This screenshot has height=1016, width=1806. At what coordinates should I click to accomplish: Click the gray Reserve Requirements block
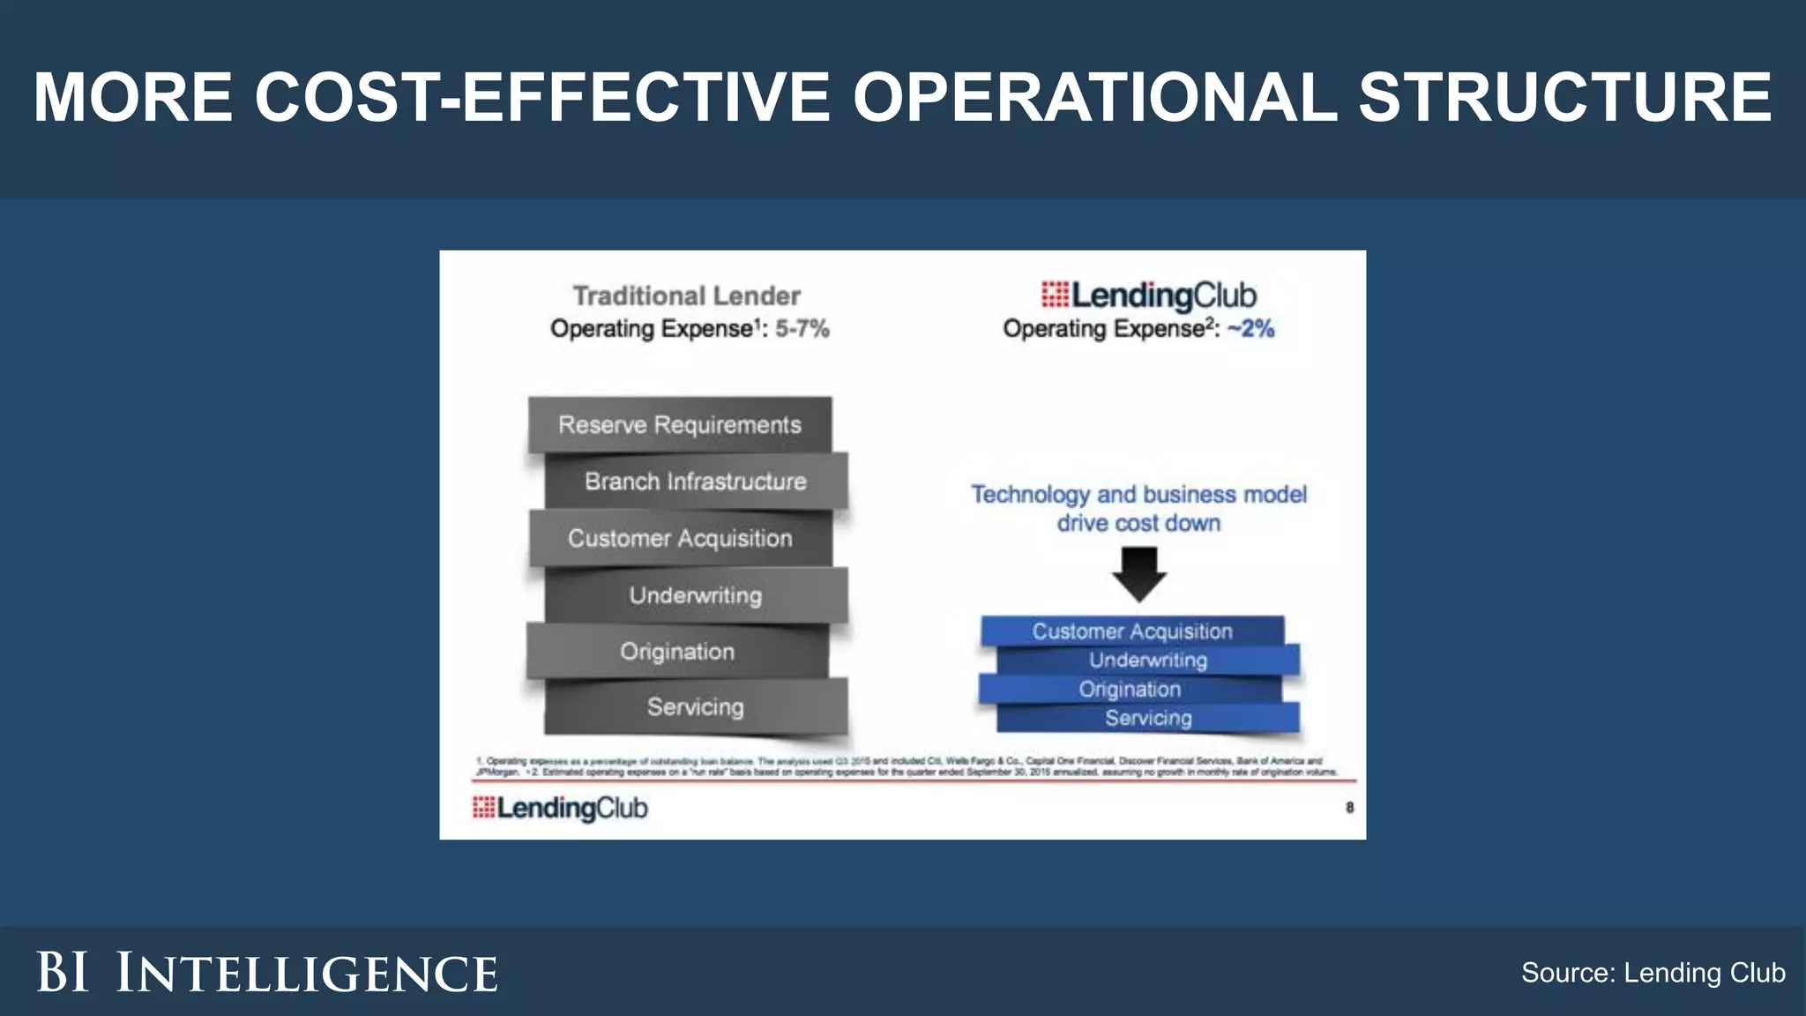679,425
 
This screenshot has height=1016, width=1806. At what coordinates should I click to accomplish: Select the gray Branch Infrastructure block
696,482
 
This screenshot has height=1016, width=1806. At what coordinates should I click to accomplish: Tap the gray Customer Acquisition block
680,538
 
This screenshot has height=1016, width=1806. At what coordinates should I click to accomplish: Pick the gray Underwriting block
696,595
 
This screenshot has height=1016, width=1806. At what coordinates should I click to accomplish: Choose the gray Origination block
677,652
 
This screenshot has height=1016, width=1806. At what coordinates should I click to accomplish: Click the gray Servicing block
696,706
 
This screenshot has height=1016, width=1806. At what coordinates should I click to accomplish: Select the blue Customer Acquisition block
1132,631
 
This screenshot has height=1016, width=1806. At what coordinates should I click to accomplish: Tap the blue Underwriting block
1148,660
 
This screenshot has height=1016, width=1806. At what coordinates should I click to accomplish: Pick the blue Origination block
1130,689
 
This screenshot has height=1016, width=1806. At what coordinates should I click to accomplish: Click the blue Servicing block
1148,718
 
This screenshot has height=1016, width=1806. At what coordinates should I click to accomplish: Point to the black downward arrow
1139,574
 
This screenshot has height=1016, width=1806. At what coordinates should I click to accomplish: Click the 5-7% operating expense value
802,329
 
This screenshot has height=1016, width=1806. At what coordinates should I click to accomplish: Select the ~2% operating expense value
1251,329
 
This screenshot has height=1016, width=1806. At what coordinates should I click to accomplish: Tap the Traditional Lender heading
687,295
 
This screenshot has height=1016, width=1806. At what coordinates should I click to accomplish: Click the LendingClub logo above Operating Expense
1148,295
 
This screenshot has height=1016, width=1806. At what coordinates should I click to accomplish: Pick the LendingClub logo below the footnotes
560,808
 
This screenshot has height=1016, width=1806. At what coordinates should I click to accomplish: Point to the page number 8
1349,807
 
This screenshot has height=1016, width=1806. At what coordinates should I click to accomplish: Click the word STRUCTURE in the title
1564,97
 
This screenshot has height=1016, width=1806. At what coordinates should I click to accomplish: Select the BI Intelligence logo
267,973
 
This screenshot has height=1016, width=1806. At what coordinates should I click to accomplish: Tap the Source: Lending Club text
1653,973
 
